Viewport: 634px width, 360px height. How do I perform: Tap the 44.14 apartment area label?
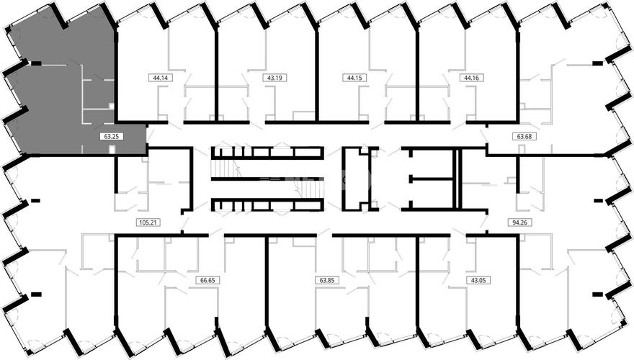(161, 78)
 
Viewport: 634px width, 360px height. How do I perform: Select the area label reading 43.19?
(275, 78)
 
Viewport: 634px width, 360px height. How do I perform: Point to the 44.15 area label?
(354, 78)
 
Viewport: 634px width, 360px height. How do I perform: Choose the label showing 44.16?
(472, 78)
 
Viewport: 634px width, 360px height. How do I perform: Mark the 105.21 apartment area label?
(147, 222)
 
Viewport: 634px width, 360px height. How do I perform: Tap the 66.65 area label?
(207, 280)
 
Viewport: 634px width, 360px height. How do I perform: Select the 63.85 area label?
(326, 280)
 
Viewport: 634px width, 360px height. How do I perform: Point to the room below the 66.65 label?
(190, 315)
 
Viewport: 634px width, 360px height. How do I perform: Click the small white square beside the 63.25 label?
(112, 150)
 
